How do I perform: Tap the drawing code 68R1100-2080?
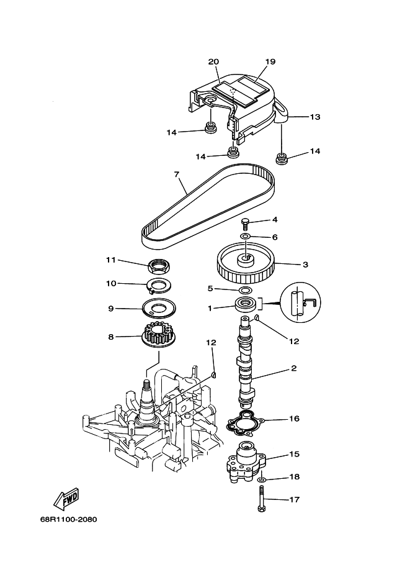pos(69,520)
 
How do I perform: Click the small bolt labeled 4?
pos(246,224)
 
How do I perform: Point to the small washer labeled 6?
pos(246,237)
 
